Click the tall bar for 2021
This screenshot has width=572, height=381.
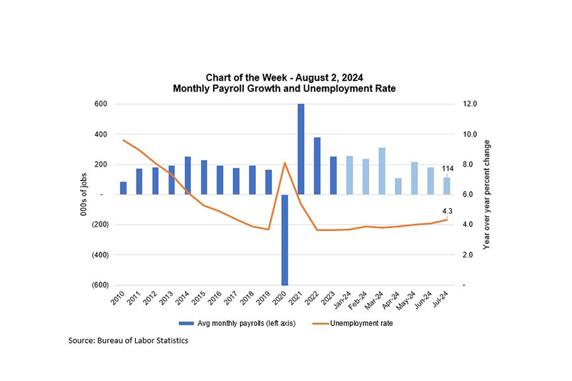(300, 149)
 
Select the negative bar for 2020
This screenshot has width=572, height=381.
(284, 239)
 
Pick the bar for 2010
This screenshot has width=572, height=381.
(123, 188)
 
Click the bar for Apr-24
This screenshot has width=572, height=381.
(398, 186)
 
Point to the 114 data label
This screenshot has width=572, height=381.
(448, 169)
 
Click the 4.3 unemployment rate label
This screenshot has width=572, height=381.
(448, 211)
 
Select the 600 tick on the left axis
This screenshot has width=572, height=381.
(100, 104)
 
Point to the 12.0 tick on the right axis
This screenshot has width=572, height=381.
(470, 104)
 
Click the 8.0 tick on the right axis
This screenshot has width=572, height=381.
(470, 164)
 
